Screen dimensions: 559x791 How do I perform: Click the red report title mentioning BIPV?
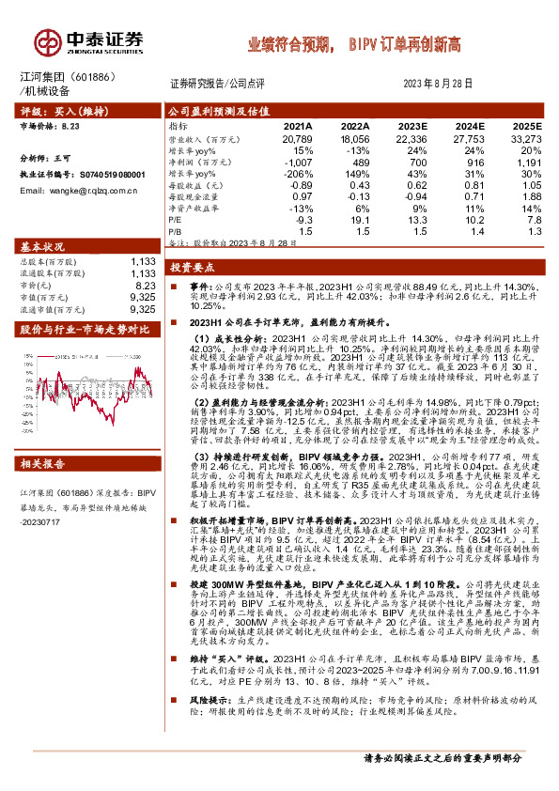(x=353, y=44)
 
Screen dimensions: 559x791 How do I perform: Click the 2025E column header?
(x=526, y=125)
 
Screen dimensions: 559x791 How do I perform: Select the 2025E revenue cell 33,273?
(x=526, y=138)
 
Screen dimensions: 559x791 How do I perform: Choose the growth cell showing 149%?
(x=354, y=176)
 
